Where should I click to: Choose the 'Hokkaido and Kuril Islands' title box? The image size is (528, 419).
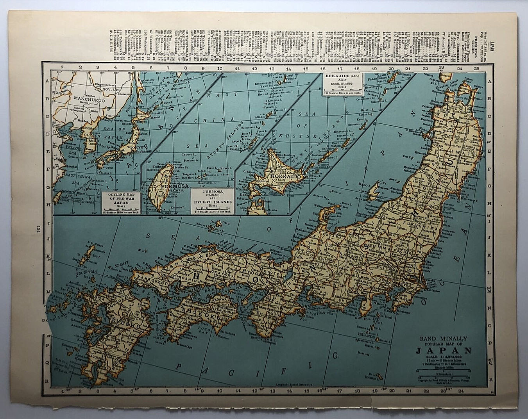[342, 84]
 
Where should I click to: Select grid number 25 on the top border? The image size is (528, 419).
[476, 68]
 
